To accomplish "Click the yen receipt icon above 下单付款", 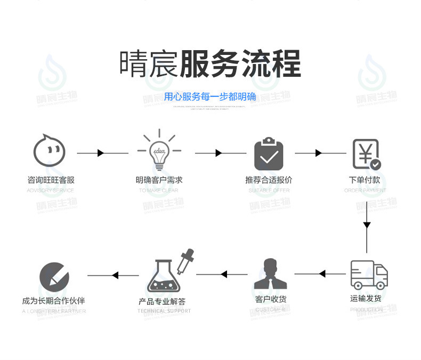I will [x=367, y=154].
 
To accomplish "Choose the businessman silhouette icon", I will [x=271, y=274].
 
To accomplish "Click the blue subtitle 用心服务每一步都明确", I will [x=210, y=97].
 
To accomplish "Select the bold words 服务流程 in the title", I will [x=240, y=65].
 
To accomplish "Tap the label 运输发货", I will [x=366, y=298].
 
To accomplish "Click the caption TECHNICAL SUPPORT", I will [x=164, y=311].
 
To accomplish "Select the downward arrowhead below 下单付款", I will [x=367, y=225].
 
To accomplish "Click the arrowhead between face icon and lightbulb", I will [x=101, y=154].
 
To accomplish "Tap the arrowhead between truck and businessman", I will [x=322, y=274].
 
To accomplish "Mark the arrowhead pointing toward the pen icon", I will [x=115, y=276].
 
